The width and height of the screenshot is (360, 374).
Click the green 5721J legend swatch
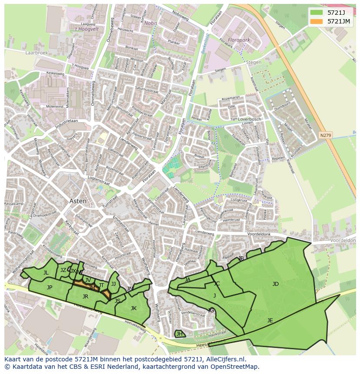coord(317,12)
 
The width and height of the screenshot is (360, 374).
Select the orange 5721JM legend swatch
coord(317,21)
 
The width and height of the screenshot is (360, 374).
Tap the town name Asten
coord(78,201)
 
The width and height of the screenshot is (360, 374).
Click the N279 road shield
coord(325,135)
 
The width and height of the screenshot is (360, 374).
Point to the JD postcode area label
coord(276,284)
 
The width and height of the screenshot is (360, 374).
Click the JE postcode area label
coord(270,321)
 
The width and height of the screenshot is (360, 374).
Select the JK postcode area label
coord(133,308)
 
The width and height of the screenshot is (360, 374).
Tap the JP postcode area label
coord(50,288)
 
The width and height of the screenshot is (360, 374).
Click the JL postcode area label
coord(46,273)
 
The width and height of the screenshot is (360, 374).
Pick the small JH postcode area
coord(179,334)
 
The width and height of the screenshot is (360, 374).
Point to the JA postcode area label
coord(187,280)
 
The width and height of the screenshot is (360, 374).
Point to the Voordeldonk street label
coord(259,234)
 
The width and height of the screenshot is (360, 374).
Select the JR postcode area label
coord(86,297)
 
